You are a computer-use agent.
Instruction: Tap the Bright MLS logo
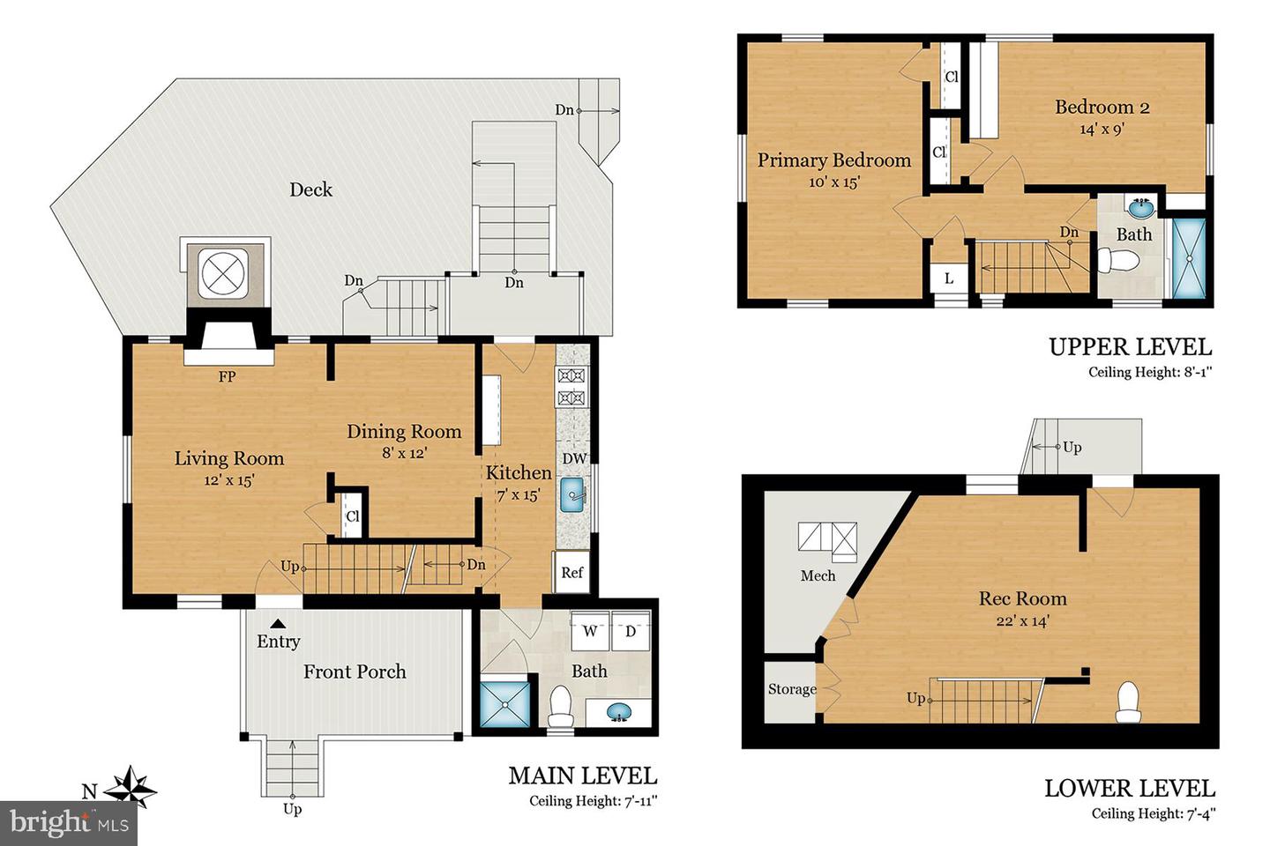(x=69, y=823)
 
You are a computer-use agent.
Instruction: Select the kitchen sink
(x=574, y=496)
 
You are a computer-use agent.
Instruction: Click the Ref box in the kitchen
(x=571, y=573)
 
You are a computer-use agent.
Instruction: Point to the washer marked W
(x=590, y=631)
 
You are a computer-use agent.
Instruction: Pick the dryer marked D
(x=631, y=631)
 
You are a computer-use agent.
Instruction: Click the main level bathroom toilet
(x=560, y=706)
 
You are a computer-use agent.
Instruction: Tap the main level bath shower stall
(x=504, y=701)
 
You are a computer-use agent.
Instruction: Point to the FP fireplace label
(x=227, y=377)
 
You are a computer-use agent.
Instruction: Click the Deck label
(x=310, y=189)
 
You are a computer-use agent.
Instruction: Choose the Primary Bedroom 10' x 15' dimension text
(x=833, y=182)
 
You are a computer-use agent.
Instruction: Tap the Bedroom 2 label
(x=1102, y=108)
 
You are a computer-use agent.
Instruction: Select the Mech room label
(x=818, y=575)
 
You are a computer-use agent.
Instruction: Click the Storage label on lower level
(x=791, y=689)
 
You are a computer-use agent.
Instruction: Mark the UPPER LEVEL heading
(x=1130, y=346)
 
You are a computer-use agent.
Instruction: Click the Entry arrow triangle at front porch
(x=277, y=623)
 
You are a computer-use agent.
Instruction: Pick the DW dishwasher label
(x=574, y=458)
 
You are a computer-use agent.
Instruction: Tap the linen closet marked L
(x=948, y=278)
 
